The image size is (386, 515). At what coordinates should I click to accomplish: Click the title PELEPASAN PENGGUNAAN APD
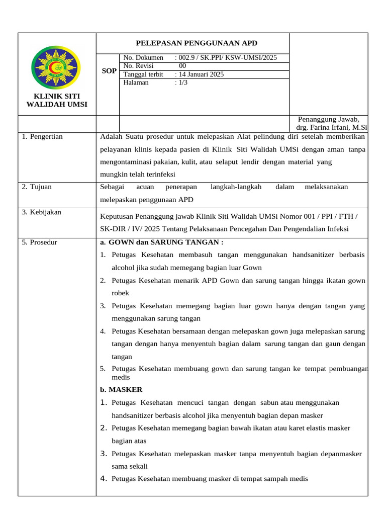(193, 43)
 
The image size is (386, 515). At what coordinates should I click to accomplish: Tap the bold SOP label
(109, 71)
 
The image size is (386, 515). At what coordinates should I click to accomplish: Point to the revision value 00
(182, 66)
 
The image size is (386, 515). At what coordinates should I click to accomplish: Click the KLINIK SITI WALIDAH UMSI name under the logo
(56, 100)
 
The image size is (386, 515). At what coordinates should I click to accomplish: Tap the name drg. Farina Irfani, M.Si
(332, 128)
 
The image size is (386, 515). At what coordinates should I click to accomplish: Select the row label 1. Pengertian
(42, 136)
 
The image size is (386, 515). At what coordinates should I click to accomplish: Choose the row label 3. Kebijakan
(41, 212)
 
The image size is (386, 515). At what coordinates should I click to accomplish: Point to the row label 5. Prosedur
(40, 242)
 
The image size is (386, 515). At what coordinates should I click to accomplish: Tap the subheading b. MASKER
(121, 389)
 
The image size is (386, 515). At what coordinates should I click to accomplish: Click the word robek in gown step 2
(121, 293)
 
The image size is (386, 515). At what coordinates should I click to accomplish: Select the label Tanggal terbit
(143, 74)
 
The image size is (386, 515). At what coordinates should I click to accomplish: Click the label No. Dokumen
(143, 58)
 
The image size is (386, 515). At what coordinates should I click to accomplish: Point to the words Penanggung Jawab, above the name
(329, 119)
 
